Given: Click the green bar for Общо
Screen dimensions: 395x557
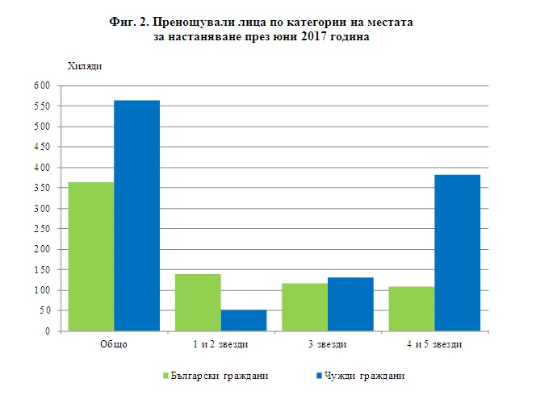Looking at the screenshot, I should coord(91,256).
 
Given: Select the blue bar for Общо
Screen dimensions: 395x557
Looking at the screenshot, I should coord(136,215).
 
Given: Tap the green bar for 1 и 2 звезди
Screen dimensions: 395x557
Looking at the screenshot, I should coord(198,302).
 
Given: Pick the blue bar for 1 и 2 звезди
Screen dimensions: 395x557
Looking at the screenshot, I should coord(243,320).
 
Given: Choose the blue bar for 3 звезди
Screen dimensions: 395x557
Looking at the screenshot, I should coord(350,304).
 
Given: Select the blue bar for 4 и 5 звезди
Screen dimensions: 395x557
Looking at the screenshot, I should coord(457,252).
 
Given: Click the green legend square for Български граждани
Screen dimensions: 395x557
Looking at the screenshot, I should coord(165,376).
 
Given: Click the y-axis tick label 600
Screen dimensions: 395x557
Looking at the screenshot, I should coord(42,86).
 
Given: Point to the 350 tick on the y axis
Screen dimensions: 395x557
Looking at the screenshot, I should coord(42,188).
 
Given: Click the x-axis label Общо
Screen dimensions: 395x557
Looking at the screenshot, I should coord(113,345).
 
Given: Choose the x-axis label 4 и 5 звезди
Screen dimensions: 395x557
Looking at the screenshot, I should coord(434,345).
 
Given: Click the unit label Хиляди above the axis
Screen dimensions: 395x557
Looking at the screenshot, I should coord(84,64).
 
